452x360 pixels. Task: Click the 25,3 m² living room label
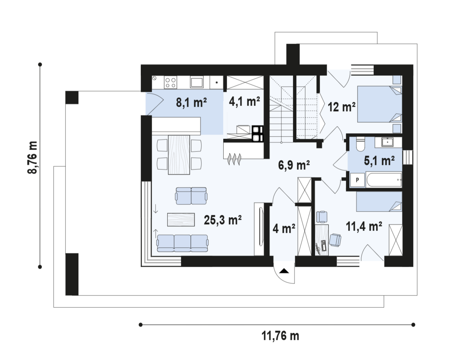(222, 220)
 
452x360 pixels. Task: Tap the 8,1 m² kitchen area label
(191, 103)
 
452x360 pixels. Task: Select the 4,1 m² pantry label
(244, 101)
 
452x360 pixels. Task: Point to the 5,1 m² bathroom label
(379, 161)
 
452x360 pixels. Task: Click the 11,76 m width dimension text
(280, 336)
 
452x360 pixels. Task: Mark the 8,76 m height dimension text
(32, 158)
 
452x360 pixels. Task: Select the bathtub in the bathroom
(384, 180)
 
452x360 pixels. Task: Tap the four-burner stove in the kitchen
(170, 82)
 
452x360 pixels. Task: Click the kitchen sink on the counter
(197, 82)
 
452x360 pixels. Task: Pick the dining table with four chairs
(179, 155)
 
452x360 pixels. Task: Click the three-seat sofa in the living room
(182, 243)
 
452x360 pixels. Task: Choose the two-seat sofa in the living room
(191, 196)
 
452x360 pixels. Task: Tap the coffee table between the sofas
(181, 220)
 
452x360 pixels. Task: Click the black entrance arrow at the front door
(284, 271)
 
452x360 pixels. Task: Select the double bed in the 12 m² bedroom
(380, 104)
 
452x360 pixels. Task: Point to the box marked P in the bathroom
(357, 180)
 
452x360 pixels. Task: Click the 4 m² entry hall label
(284, 228)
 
